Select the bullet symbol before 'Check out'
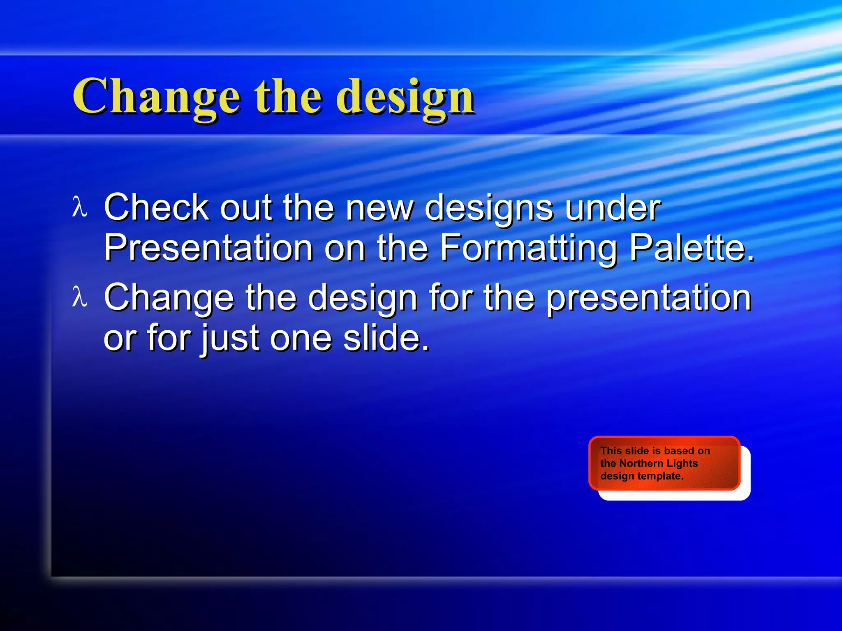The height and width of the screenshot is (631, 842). click(x=79, y=207)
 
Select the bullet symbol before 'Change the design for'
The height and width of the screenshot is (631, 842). click(x=79, y=297)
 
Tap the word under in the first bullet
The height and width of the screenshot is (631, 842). click(x=613, y=207)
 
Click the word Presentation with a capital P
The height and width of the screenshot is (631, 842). click(x=208, y=248)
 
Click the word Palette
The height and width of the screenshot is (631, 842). click(x=692, y=248)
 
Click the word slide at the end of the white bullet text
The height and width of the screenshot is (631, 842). click(x=386, y=338)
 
